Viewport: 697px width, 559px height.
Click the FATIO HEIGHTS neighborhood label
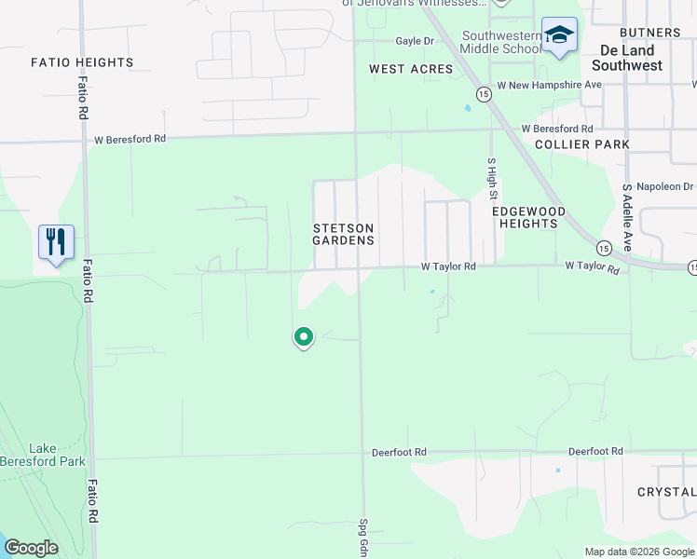[x=82, y=62]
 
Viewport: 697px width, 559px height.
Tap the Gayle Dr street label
[x=415, y=41]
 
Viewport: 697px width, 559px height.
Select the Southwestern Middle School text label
[x=501, y=43]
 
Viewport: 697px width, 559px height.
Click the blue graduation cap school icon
[x=559, y=35]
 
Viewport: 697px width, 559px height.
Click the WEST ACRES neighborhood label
[x=411, y=69]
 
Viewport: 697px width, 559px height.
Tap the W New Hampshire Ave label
[x=550, y=85]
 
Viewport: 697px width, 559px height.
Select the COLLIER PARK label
[x=582, y=144]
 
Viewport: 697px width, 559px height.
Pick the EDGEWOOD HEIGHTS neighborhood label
[x=528, y=217]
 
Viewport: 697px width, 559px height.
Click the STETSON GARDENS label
[x=344, y=234]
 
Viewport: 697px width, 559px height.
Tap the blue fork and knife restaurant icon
[x=56, y=242]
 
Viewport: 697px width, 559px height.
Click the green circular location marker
[x=303, y=336]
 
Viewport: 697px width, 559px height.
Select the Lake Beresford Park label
[x=56, y=455]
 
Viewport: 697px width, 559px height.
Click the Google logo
[x=31, y=548]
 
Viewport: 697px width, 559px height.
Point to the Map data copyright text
[x=640, y=552]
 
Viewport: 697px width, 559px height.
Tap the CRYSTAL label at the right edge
[x=667, y=492]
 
